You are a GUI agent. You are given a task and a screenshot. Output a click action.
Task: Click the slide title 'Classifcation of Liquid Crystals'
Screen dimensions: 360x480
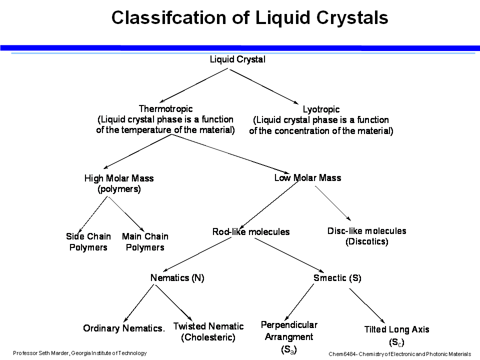click(249, 18)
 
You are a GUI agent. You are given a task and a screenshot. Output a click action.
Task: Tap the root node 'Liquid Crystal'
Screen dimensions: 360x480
click(237, 59)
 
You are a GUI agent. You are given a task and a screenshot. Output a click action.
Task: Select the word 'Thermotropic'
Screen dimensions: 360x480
click(165, 109)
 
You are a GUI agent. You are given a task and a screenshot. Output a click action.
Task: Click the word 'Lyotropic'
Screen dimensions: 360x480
click(321, 109)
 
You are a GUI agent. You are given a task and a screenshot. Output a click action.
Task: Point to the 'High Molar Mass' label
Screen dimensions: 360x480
click(119, 178)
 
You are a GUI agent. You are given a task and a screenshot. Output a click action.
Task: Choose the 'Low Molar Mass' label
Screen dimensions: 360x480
click(307, 178)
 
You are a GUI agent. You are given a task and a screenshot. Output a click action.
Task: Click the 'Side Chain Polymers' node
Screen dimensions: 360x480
click(89, 242)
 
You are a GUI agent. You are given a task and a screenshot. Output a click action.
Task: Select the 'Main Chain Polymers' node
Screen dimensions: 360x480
click(145, 242)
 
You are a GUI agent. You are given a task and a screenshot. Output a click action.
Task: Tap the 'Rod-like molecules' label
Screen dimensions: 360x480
click(251, 232)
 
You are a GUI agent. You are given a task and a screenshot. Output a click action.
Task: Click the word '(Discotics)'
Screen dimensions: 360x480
click(366, 242)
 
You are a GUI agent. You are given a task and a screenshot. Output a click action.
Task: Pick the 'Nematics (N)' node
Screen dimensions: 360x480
click(177, 278)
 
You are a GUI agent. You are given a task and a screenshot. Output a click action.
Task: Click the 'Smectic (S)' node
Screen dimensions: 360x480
click(337, 278)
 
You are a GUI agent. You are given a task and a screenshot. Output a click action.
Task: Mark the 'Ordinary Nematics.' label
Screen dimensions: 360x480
click(124, 328)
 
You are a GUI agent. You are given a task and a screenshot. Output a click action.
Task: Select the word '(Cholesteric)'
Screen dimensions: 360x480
click(208, 337)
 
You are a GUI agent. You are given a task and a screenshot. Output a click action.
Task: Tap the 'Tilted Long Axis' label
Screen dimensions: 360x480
click(396, 329)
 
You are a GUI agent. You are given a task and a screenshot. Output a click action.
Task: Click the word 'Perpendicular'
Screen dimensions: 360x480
click(289, 325)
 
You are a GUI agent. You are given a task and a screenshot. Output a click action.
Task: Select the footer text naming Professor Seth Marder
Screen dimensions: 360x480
click(80, 353)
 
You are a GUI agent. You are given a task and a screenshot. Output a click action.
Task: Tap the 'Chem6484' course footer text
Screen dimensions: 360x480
click(399, 353)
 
